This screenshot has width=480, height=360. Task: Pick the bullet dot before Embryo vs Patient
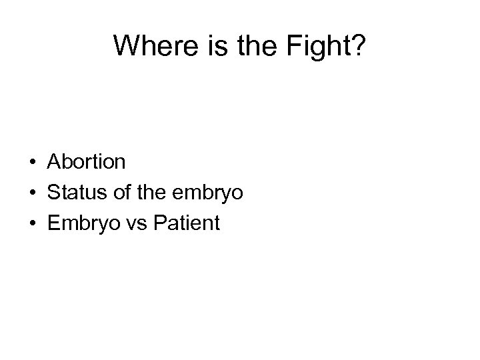coord(32,223)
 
